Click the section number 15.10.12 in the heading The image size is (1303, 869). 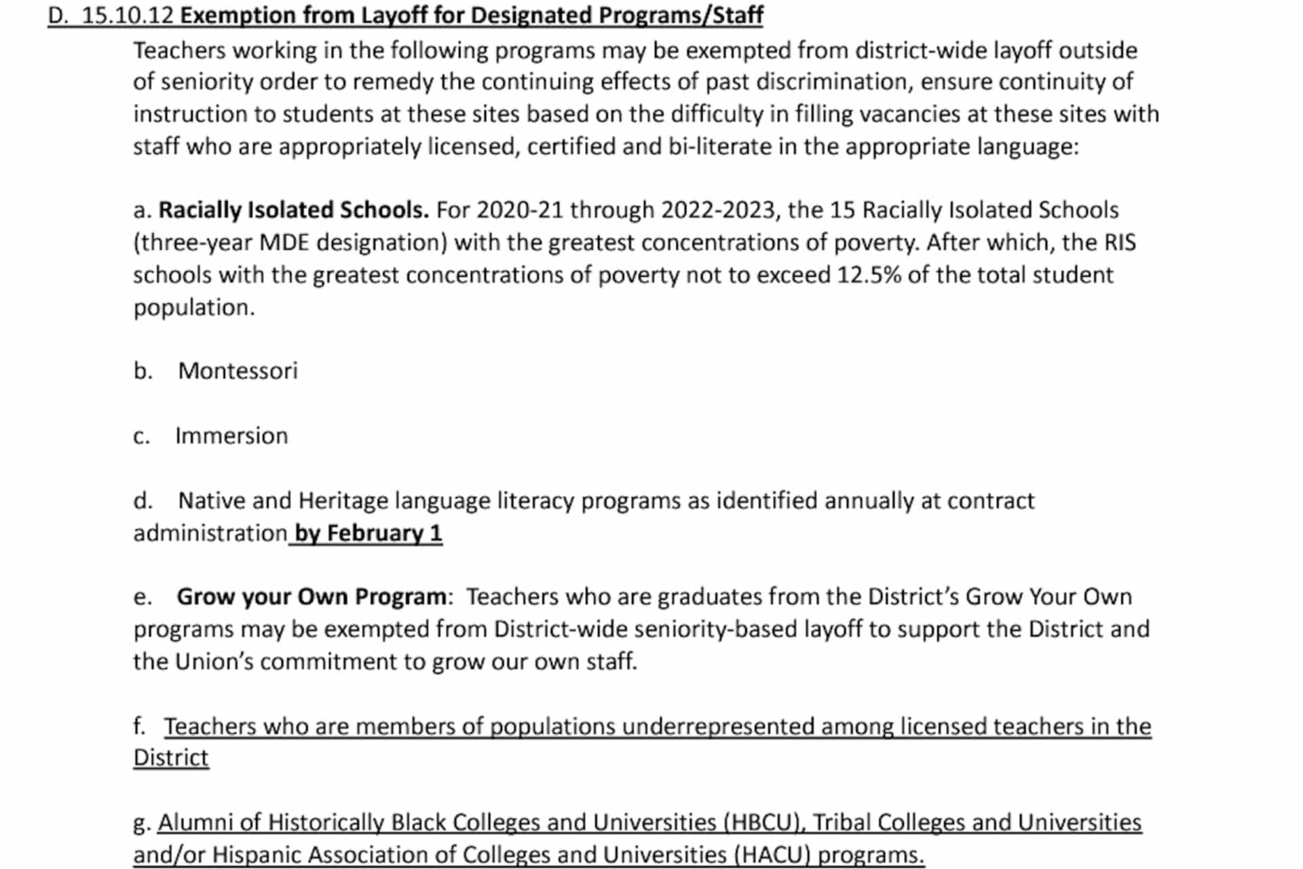128,15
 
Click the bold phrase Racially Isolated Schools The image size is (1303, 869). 293,210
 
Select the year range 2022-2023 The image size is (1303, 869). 717,210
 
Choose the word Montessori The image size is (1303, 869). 238,371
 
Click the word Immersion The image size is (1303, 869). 231,436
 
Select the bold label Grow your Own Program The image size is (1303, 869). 311,597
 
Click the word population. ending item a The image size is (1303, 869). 194,308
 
